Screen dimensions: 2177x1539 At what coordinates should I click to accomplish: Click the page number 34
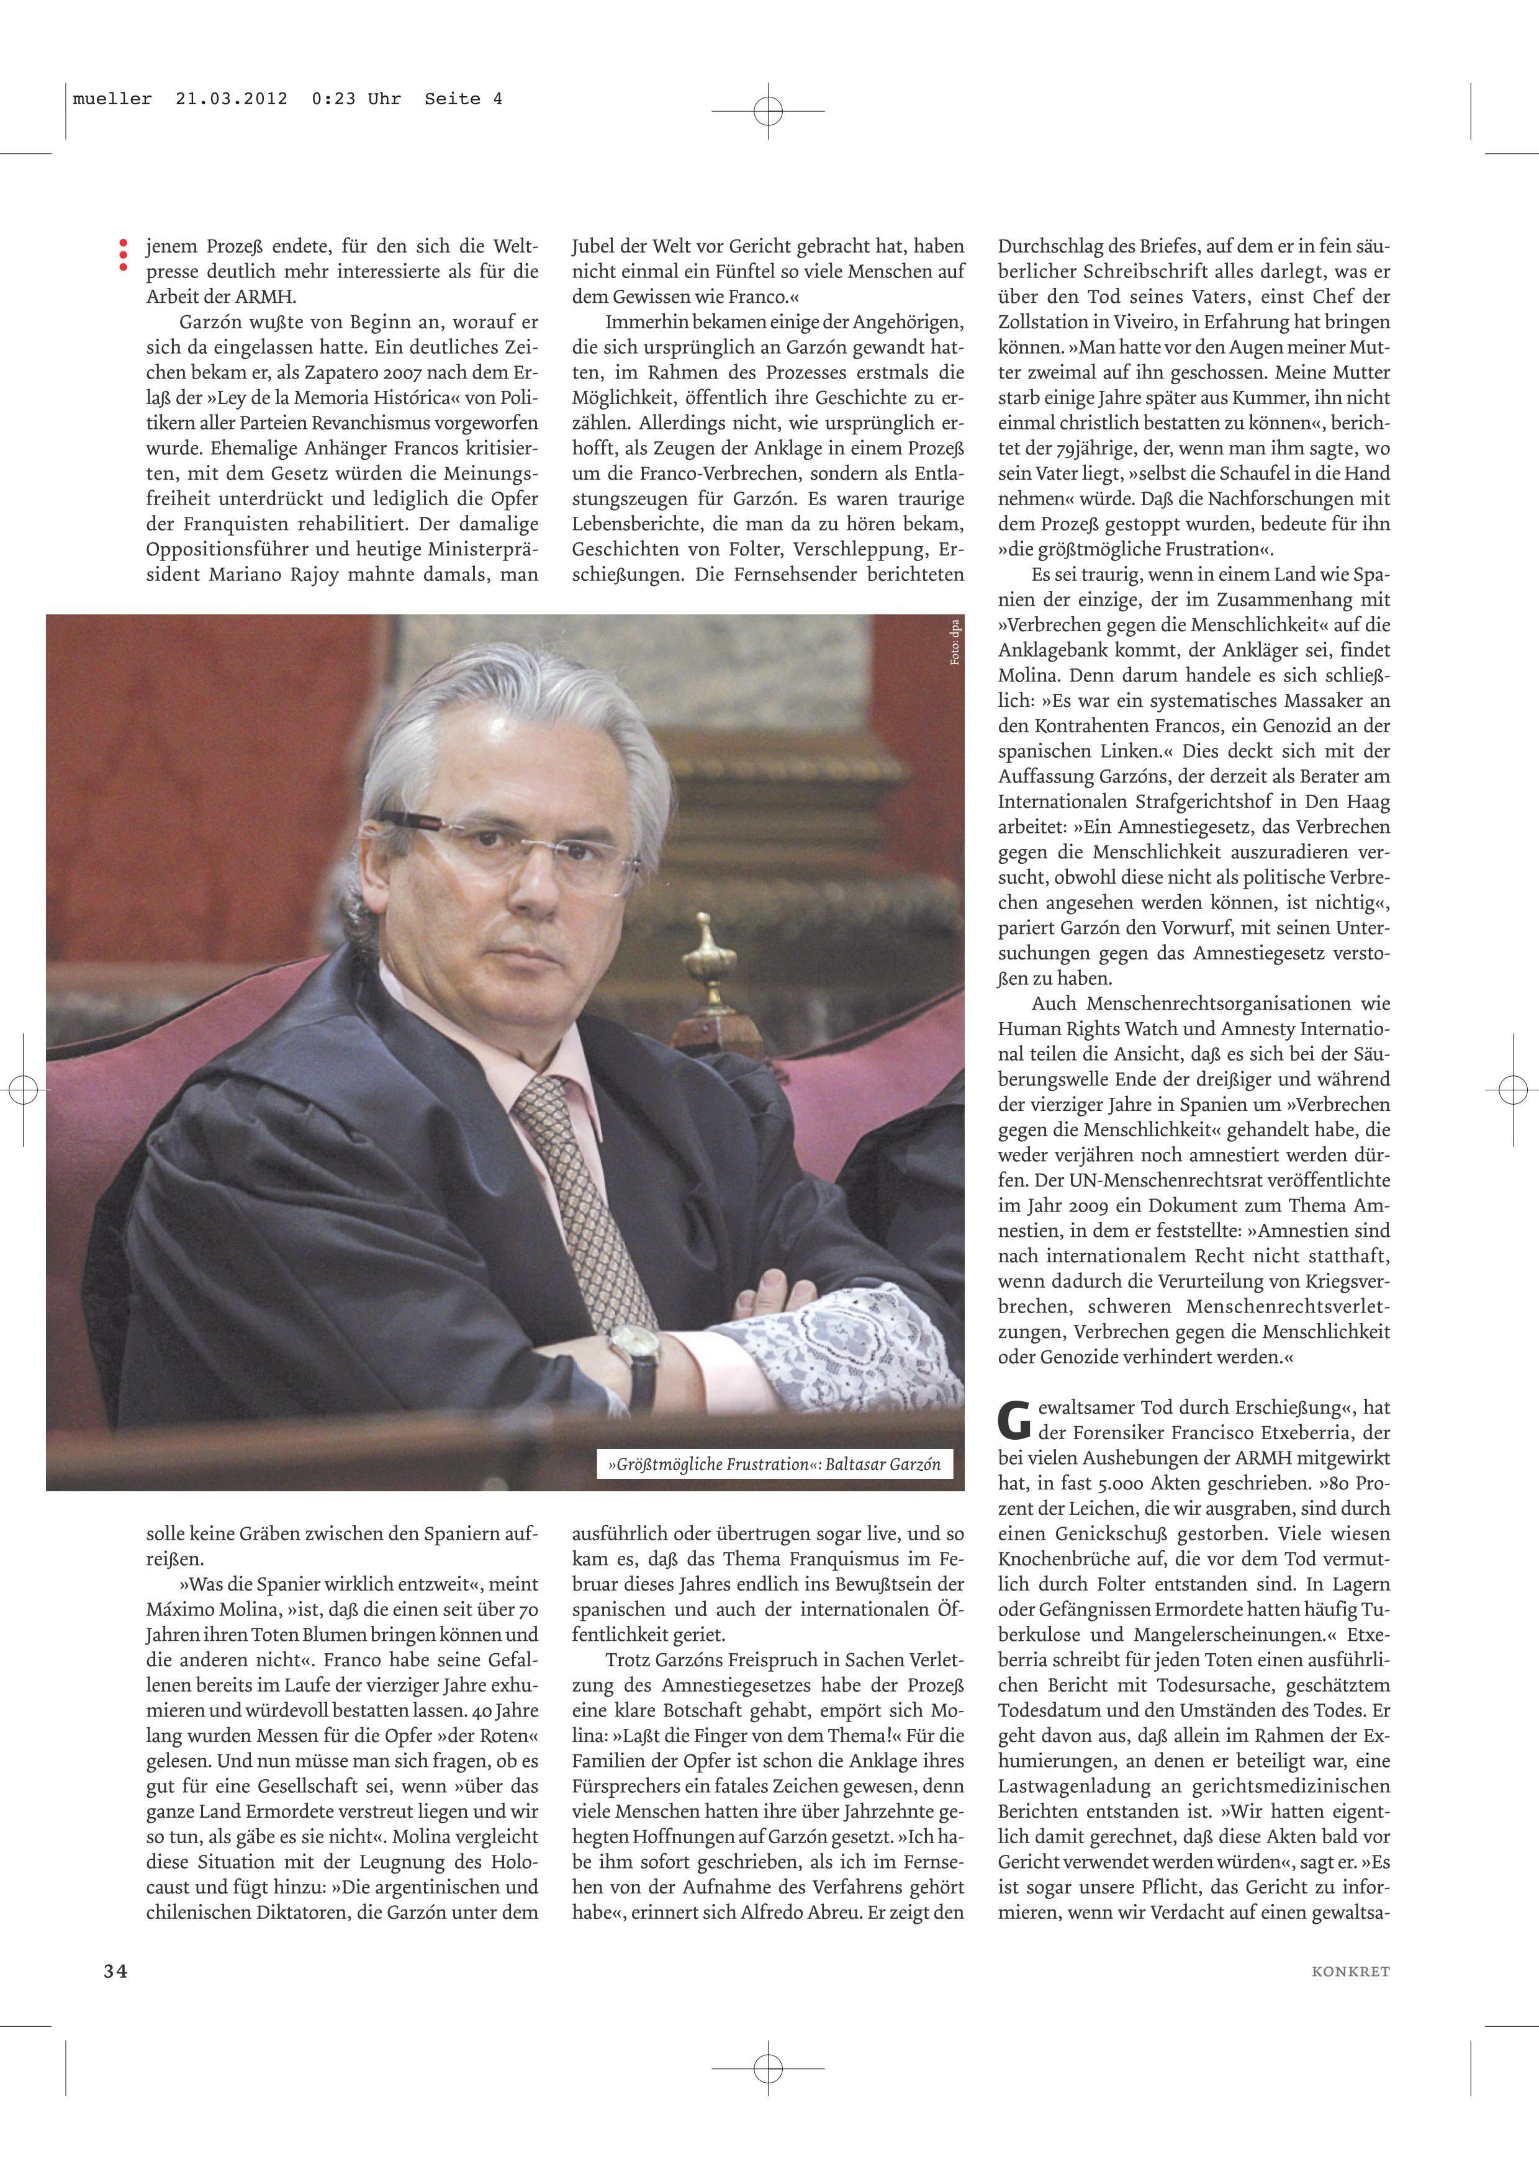[115, 1971]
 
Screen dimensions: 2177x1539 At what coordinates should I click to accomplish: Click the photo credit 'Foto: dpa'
[955, 642]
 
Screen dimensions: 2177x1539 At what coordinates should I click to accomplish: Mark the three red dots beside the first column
[122, 256]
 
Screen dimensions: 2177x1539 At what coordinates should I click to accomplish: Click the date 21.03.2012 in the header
[232, 99]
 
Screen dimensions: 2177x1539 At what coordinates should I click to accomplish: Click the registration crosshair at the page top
[768, 111]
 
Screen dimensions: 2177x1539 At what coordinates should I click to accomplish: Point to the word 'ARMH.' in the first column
[268, 297]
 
